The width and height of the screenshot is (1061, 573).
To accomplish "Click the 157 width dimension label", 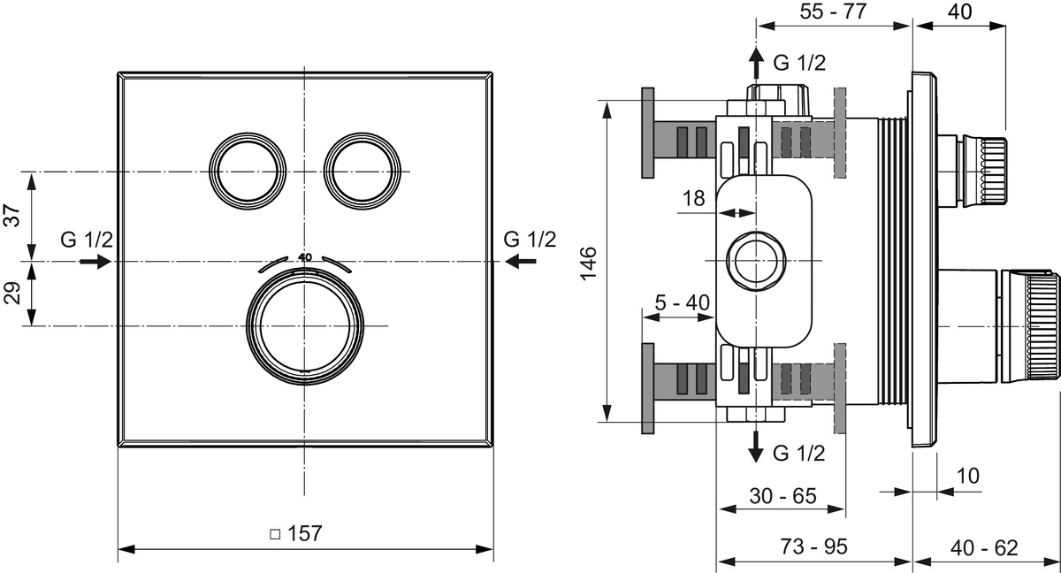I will click(297, 533).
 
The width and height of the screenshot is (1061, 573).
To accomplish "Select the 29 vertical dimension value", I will click(12, 294).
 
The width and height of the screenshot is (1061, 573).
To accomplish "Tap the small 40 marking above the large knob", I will click(305, 256).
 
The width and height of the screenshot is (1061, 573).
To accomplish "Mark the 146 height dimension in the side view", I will click(590, 263).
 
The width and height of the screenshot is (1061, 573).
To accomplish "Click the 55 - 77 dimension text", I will click(831, 11).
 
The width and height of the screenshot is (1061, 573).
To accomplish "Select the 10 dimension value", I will click(968, 476).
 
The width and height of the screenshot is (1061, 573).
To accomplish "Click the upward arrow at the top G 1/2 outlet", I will click(756, 64).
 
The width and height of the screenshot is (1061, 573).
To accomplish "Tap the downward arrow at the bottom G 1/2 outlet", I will click(756, 446).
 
